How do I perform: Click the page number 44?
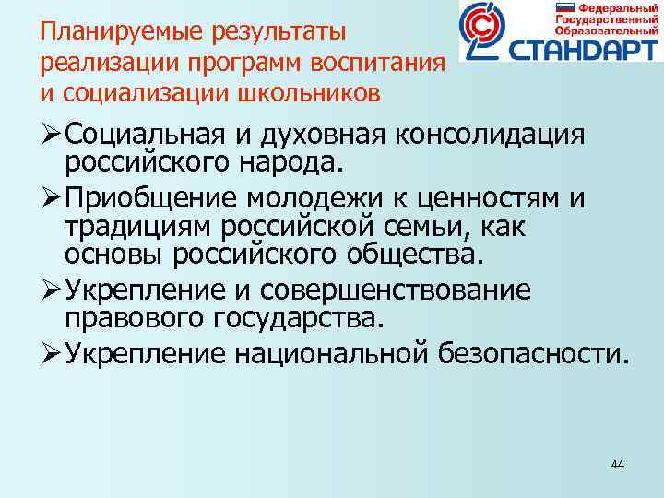617,464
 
